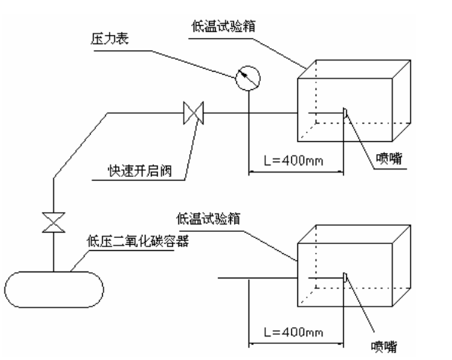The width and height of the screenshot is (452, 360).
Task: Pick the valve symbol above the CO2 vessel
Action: point(53,223)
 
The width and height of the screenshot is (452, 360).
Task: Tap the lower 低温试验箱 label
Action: point(229,218)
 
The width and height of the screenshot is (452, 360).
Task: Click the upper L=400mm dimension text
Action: point(292,162)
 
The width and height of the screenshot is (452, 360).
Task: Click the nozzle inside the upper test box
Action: point(345,114)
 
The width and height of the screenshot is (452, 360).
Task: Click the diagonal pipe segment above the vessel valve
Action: point(79,146)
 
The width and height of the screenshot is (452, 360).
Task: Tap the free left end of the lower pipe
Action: point(221,278)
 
